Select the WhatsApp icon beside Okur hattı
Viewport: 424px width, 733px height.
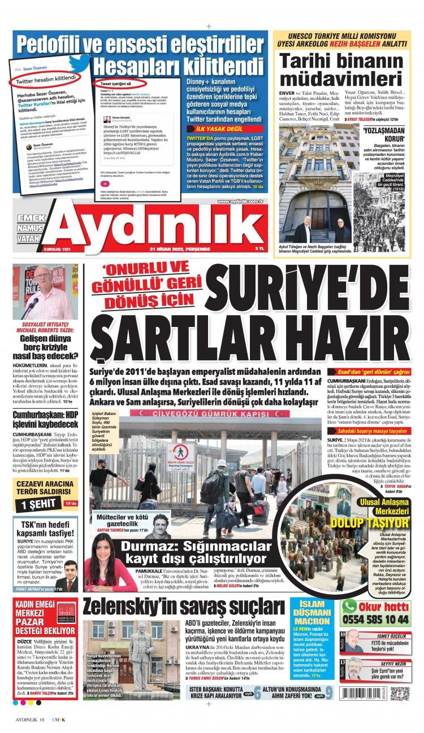point(349,605)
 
